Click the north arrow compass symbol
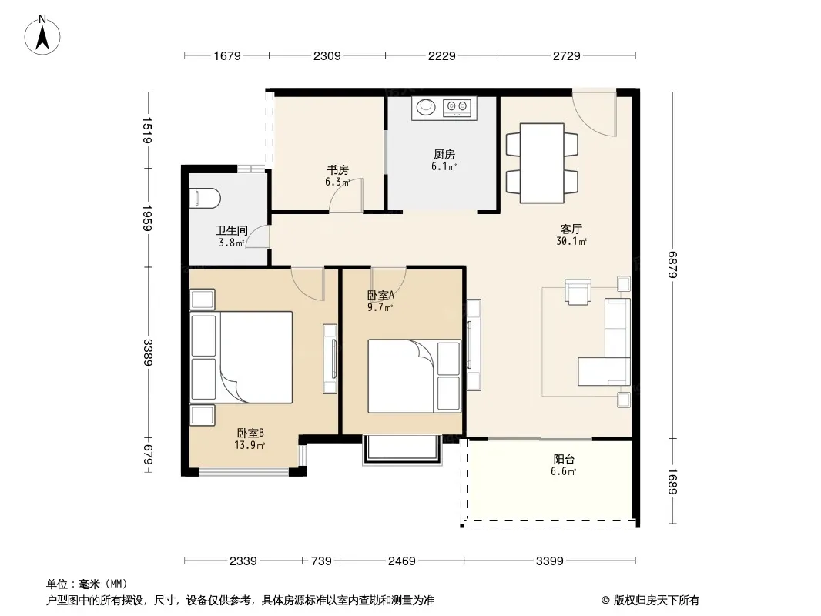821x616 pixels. click(x=42, y=35)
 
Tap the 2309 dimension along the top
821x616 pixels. click(x=327, y=55)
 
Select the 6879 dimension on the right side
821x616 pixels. click(x=673, y=266)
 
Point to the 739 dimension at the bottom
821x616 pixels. click(x=321, y=561)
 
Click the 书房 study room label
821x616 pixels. click(x=338, y=169)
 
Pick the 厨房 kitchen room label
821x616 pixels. click(x=444, y=155)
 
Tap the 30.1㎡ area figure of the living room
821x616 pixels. click(x=571, y=241)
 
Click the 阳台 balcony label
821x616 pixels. click(x=564, y=460)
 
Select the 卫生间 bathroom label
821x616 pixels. click(x=231, y=230)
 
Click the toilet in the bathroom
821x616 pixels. click(x=205, y=199)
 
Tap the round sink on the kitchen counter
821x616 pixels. click(x=426, y=107)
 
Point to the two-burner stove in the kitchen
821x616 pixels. click(x=457, y=108)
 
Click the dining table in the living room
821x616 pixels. click(x=542, y=162)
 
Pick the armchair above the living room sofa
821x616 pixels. click(x=578, y=292)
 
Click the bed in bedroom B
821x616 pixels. click(x=241, y=357)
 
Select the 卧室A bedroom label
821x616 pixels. click(x=380, y=295)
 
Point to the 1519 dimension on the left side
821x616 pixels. click(x=148, y=130)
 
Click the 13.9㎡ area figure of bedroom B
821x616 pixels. click(x=250, y=445)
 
